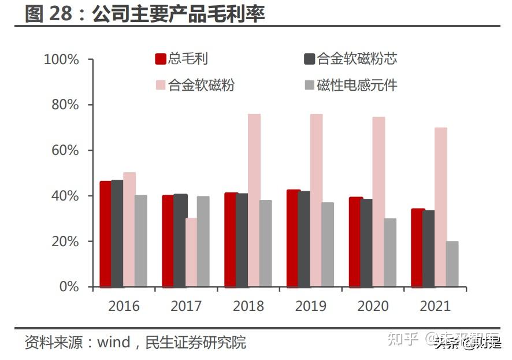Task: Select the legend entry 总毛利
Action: (182, 58)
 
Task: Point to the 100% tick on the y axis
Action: (61, 60)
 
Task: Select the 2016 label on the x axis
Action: (124, 306)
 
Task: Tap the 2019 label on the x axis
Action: (310, 306)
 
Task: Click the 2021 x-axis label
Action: (435, 306)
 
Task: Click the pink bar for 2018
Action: (254, 200)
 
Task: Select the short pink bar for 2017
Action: (191, 252)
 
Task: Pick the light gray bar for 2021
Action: (452, 263)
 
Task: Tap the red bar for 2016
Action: (105, 233)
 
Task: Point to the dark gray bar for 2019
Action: (304, 239)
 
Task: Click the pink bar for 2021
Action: (441, 207)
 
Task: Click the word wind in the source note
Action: (113, 343)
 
